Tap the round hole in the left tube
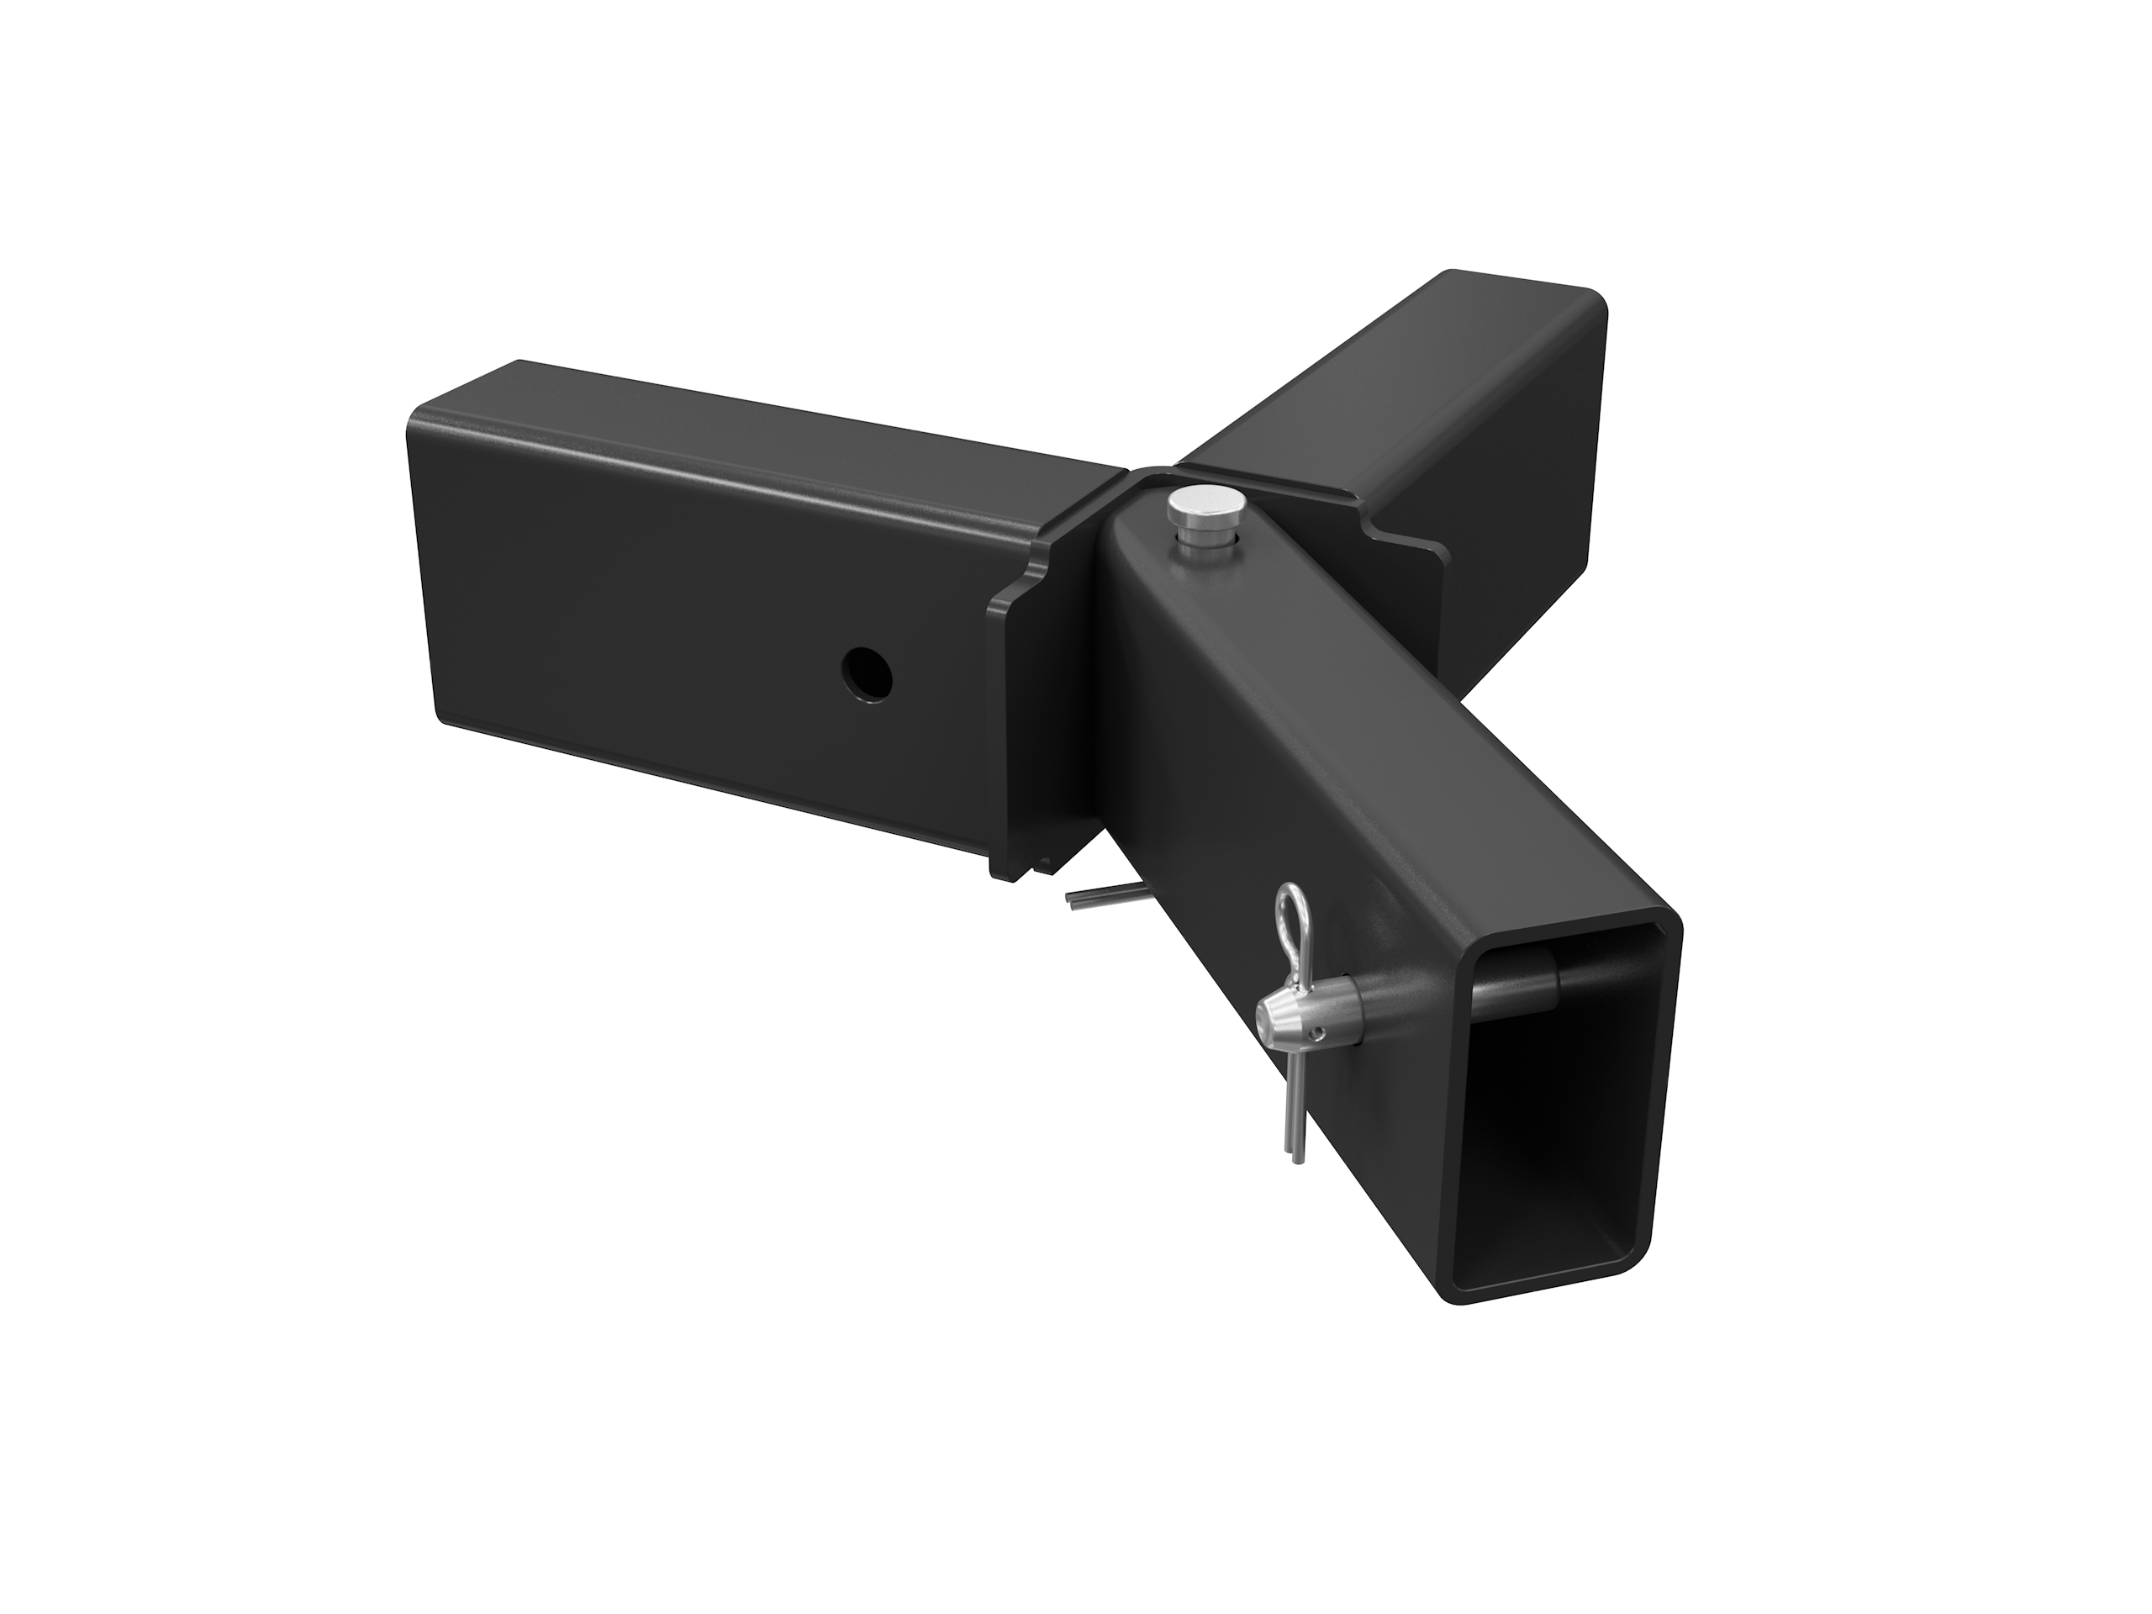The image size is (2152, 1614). (868, 673)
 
